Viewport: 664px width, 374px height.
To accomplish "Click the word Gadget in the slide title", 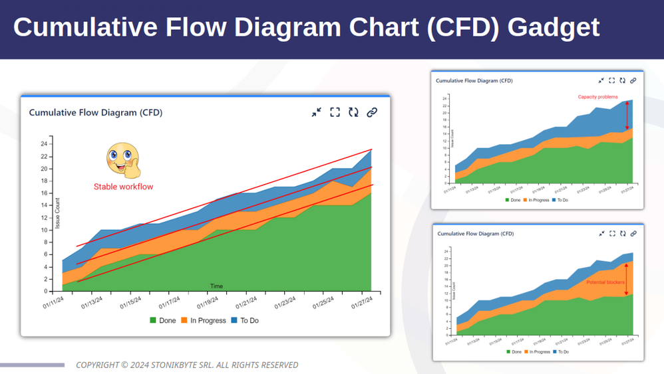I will tap(553, 27).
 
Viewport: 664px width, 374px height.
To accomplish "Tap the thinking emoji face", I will tap(123, 160).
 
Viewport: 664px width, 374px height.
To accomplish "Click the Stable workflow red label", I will tap(123, 187).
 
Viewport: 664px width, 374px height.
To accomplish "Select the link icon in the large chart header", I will tap(372, 112).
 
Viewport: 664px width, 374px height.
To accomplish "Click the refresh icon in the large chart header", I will tap(353, 112).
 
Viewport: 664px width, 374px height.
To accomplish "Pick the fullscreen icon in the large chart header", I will tap(335, 112).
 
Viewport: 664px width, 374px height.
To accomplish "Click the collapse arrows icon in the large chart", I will tap(316, 112).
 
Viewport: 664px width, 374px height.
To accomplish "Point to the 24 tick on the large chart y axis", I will tap(44, 144).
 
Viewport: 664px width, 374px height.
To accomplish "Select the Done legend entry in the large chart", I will tap(162, 321).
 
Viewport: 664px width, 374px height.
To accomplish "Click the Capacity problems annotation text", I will tap(597, 97).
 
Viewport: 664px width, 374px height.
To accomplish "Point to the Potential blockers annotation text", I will tap(605, 282).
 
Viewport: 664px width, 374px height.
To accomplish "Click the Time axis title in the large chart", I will tap(216, 286).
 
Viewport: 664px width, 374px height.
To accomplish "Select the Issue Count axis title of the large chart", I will tap(58, 213).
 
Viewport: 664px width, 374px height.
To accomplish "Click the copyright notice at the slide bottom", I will tap(187, 365).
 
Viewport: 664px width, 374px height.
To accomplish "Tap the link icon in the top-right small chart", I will tap(633, 80).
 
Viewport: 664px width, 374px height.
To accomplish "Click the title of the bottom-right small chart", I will tap(476, 234).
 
